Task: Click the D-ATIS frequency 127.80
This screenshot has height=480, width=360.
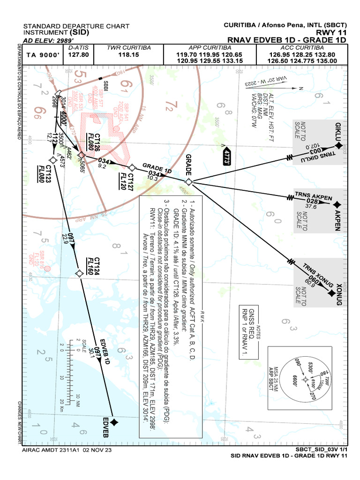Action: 79,54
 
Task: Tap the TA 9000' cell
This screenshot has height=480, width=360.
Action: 44,55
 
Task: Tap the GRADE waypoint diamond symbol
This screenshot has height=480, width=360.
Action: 188,181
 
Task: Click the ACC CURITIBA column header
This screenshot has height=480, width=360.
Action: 303,48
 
